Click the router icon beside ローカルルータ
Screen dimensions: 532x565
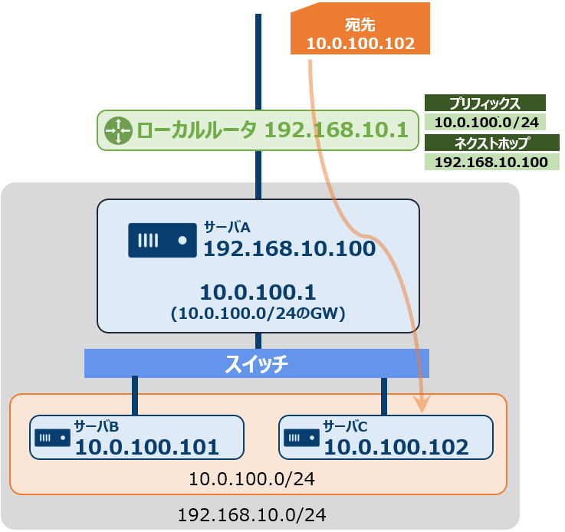click(x=119, y=130)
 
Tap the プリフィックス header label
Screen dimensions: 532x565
click(x=485, y=103)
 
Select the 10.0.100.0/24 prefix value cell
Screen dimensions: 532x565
click(x=485, y=122)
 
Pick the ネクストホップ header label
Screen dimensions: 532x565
click(x=491, y=143)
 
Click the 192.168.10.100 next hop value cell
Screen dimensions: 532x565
click(x=491, y=162)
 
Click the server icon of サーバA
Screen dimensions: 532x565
click(x=163, y=240)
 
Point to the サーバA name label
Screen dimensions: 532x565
click(x=227, y=227)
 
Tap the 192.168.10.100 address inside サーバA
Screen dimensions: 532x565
click(x=288, y=248)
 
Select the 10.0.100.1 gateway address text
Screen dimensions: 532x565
click(x=258, y=292)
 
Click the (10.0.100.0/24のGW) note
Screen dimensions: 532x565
click(x=258, y=313)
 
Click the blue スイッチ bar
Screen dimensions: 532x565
click(x=256, y=363)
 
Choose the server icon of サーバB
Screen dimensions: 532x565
click(x=52, y=438)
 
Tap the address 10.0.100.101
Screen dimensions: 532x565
click(x=146, y=447)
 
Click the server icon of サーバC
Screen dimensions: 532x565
click(x=301, y=438)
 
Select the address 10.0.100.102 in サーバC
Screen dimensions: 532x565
click(x=396, y=447)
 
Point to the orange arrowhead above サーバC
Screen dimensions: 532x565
click(x=422, y=404)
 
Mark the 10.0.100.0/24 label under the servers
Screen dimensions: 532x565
click(x=251, y=479)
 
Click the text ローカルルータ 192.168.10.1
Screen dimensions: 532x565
click(x=271, y=130)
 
